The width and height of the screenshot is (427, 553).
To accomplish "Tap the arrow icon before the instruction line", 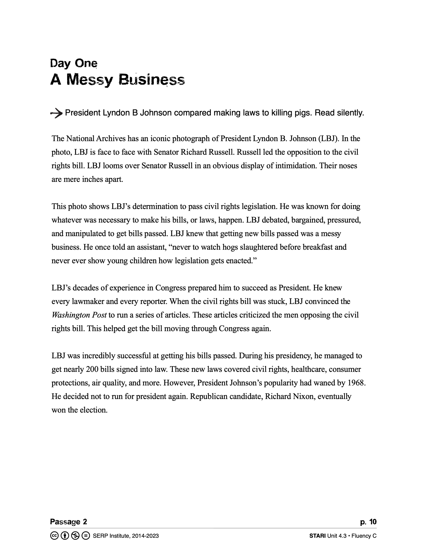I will pyautogui.click(x=56, y=113).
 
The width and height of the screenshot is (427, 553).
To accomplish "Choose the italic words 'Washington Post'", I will pyautogui.click(x=79, y=315).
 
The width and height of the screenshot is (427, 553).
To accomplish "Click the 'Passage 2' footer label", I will pyautogui.click(x=68, y=522).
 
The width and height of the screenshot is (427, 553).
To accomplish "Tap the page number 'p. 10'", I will pyautogui.click(x=368, y=522).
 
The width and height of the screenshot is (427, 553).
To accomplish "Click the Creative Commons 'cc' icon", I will pyautogui.click(x=54, y=535).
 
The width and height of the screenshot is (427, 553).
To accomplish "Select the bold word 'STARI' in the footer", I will pyautogui.click(x=317, y=536).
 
